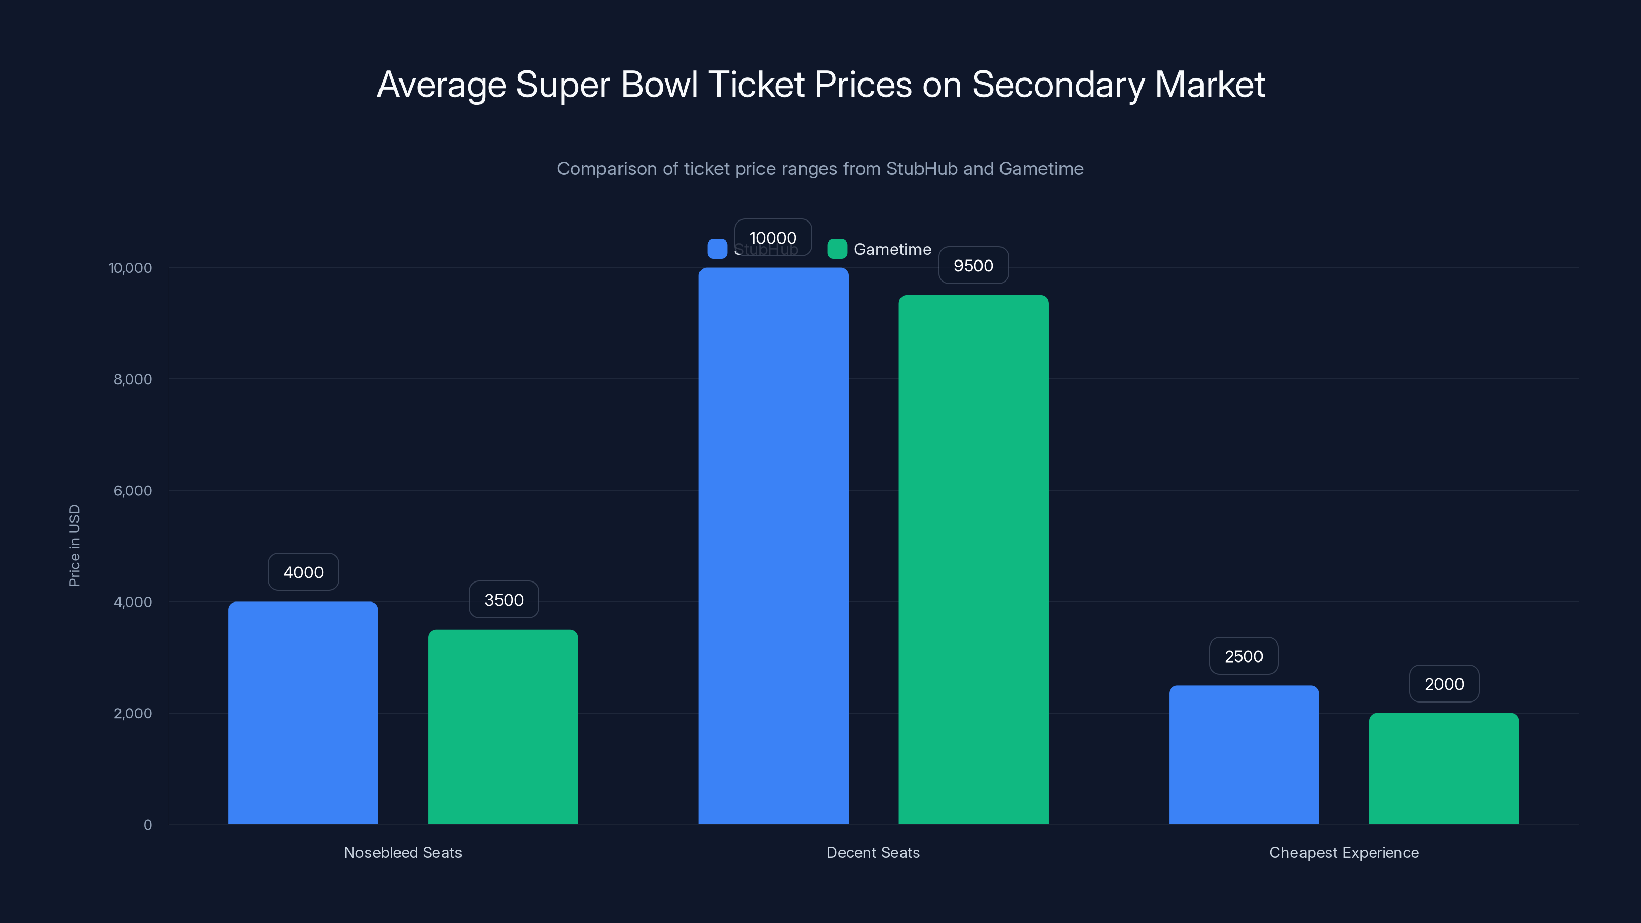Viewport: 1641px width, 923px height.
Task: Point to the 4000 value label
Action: (303, 572)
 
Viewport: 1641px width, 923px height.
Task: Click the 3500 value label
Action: (503, 599)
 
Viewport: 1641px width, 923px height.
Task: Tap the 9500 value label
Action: (973, 266)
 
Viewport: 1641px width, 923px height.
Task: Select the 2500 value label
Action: (1244, 656)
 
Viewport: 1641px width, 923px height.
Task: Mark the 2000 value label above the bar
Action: (1444, 684)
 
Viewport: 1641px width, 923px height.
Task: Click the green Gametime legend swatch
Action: (836, 249)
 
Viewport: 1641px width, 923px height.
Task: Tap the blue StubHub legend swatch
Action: (717, 249)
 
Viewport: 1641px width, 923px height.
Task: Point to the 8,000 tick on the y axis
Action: (132, 379)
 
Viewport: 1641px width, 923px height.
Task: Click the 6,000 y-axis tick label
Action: (132, 491)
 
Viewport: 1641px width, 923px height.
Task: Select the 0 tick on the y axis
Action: (147, 825)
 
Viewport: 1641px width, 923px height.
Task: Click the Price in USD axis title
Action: (74, 545)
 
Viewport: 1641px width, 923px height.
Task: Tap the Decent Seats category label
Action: (873, 852)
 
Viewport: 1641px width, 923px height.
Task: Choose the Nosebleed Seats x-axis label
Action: (403, 852)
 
